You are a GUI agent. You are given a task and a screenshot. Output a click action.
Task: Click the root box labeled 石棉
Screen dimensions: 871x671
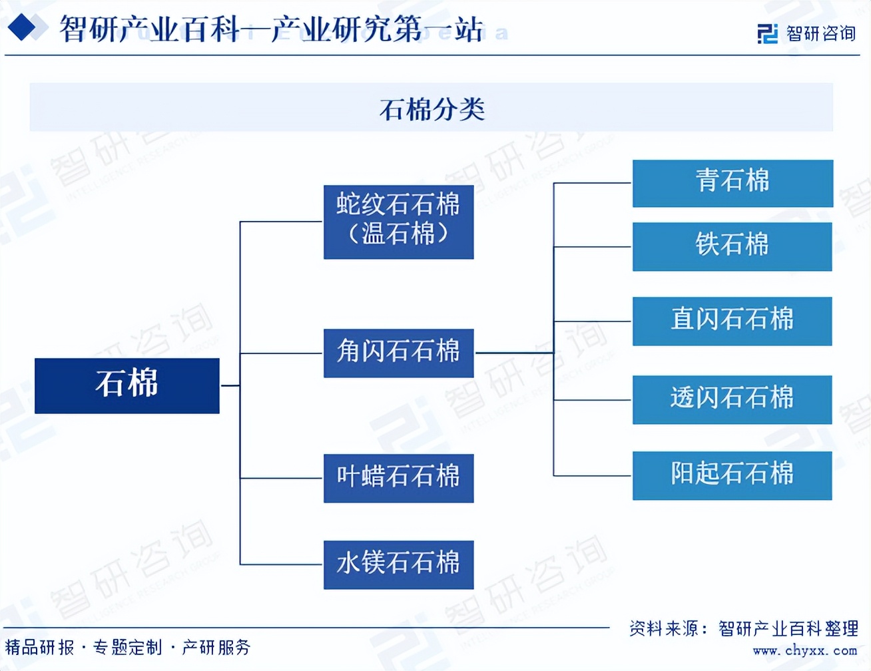pos(127,386)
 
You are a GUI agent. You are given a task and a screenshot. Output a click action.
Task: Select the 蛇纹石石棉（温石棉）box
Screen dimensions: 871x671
pos(399,222)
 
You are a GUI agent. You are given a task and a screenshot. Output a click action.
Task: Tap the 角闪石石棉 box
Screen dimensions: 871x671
pos(399,353)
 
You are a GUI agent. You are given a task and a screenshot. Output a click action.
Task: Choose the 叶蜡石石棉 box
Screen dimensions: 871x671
pos(399,479)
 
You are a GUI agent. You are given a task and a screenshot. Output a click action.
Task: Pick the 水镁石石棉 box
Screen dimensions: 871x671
pos(399,565)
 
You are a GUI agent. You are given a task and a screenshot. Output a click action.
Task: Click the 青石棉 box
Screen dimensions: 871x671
pos(732,184)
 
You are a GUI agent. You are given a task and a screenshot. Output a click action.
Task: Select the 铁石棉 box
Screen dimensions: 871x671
pos(732,247)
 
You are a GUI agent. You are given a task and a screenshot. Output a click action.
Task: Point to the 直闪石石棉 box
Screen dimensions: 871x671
pos(732,322)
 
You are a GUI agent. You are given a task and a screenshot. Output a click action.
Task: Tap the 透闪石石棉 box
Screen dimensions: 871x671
pos(732,400)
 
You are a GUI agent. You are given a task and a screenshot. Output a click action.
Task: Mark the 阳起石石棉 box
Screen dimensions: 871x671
pos(732,476)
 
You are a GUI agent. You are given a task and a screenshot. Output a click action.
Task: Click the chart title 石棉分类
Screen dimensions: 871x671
pos(432,109)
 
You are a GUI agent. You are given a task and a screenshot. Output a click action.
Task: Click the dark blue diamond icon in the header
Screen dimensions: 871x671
pos(22,27)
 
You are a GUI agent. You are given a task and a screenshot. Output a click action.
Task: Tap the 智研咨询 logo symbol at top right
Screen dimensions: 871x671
pos(768,33)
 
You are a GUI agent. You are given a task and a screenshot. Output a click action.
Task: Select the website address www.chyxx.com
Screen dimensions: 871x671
pos(805,651)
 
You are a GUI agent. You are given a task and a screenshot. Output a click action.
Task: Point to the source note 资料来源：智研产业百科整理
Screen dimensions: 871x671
pos(744,628)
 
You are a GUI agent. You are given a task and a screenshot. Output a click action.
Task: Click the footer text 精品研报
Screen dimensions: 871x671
pos(40,647)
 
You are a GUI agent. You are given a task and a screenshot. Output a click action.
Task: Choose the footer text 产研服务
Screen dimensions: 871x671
pos(216,647)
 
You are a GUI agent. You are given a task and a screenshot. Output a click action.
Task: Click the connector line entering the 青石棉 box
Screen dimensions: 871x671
pos(593,183)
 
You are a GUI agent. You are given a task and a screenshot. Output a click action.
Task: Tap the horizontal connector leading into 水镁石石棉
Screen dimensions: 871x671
pos(280,564)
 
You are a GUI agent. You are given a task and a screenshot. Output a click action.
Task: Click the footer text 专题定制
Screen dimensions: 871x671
pos(127,647)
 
